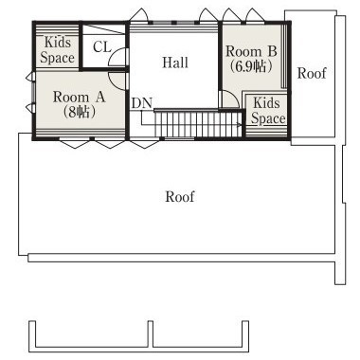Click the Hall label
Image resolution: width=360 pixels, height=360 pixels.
pos(175,63)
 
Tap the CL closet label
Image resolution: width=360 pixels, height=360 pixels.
pos(102,47)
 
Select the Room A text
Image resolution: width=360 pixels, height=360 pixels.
pos(79,97)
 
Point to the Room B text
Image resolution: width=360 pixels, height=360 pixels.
pos(251,52)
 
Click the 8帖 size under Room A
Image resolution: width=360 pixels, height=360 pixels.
pos(79,112)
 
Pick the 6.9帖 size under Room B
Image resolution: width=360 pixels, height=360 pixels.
pos(251,66)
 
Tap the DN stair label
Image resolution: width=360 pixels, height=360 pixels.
pos(142,103)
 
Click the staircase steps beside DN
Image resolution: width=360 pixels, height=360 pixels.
pos(198,124)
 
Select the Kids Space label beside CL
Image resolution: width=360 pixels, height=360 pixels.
pos(57,50)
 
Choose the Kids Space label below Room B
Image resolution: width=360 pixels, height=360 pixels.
pos(268,111)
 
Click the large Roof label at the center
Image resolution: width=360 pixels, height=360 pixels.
pos(180,196)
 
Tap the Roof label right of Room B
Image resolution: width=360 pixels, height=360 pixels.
pos(312,73)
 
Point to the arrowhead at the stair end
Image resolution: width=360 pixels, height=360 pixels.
pos(240,125)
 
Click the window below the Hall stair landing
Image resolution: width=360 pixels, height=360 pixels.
pos(179,138)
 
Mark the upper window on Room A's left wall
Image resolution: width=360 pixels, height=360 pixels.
pos(28,77)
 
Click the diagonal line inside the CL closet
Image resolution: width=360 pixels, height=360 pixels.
pos(104,29)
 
